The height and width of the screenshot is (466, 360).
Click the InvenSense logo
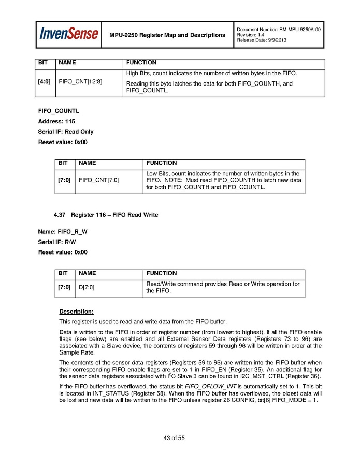coord(69,35)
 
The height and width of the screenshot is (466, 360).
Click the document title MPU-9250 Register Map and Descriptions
coord(167,35)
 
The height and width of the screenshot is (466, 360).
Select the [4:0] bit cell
coord(45,81)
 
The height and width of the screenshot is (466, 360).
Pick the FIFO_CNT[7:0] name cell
coord(98,180)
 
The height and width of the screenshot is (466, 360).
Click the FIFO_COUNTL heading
coord(59,111)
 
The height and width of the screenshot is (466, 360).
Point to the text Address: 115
coord(56,121)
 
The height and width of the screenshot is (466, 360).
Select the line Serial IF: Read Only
coord(66,132)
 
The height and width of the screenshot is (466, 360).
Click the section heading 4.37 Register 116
coord(106,215)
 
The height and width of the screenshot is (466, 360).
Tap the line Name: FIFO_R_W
coord(63,232)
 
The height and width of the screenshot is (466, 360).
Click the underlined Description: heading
coord(76,312)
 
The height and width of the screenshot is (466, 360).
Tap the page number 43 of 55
coord(174,438)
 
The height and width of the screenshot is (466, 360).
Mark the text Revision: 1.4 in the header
coord(251,35)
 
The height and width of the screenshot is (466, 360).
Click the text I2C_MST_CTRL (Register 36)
coord(291,376)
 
